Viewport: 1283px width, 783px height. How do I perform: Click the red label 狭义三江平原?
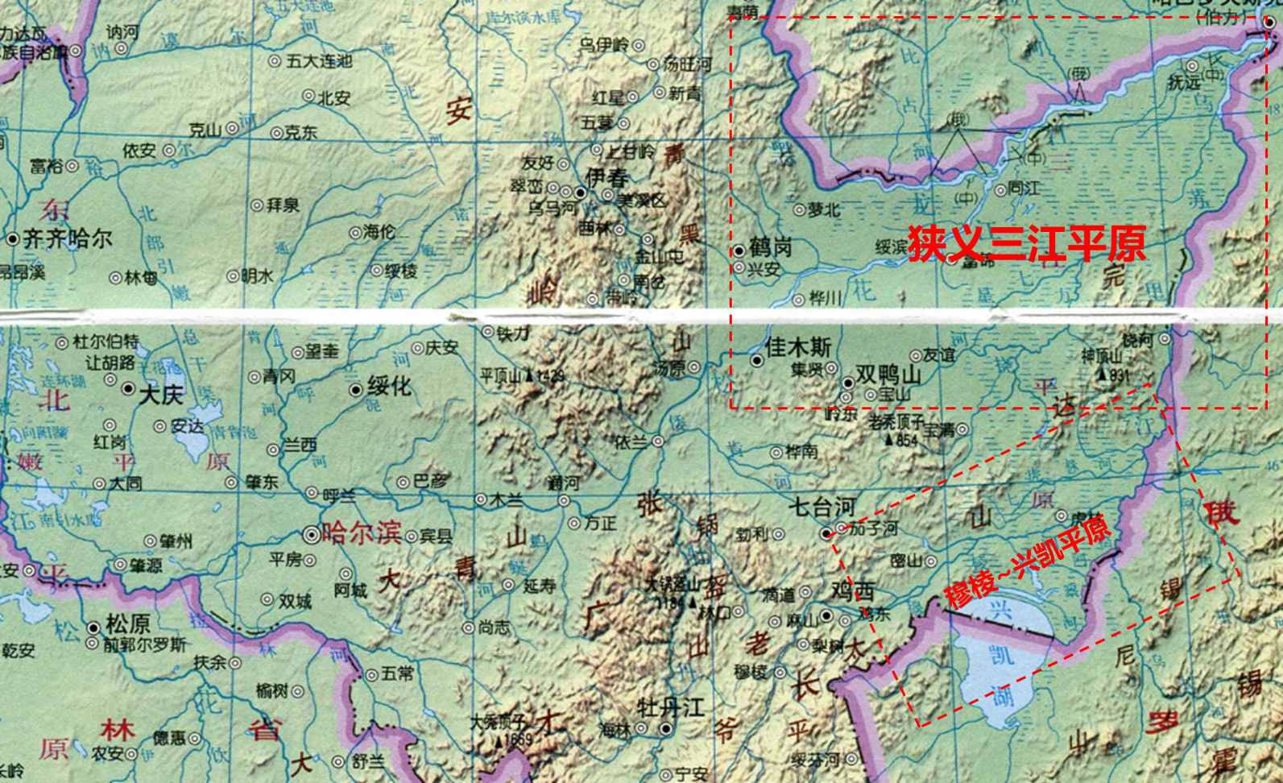coord(1027,242)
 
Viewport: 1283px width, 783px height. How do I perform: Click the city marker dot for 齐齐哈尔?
coord(13,239)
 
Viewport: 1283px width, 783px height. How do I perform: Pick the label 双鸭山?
coord(888,376)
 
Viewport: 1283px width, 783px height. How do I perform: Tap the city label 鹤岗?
coord(770,246)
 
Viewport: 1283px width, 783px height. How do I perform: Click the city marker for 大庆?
coord(128,388)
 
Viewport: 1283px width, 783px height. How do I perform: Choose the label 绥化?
coord(389,386)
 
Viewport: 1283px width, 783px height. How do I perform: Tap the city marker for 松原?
coord(95,626)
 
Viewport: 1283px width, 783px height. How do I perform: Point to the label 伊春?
coord(606,178)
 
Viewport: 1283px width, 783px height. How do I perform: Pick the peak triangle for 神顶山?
coord(1101,375)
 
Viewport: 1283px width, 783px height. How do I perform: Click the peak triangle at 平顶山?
coord(528,375)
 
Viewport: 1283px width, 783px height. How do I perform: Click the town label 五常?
coord(397,673)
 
